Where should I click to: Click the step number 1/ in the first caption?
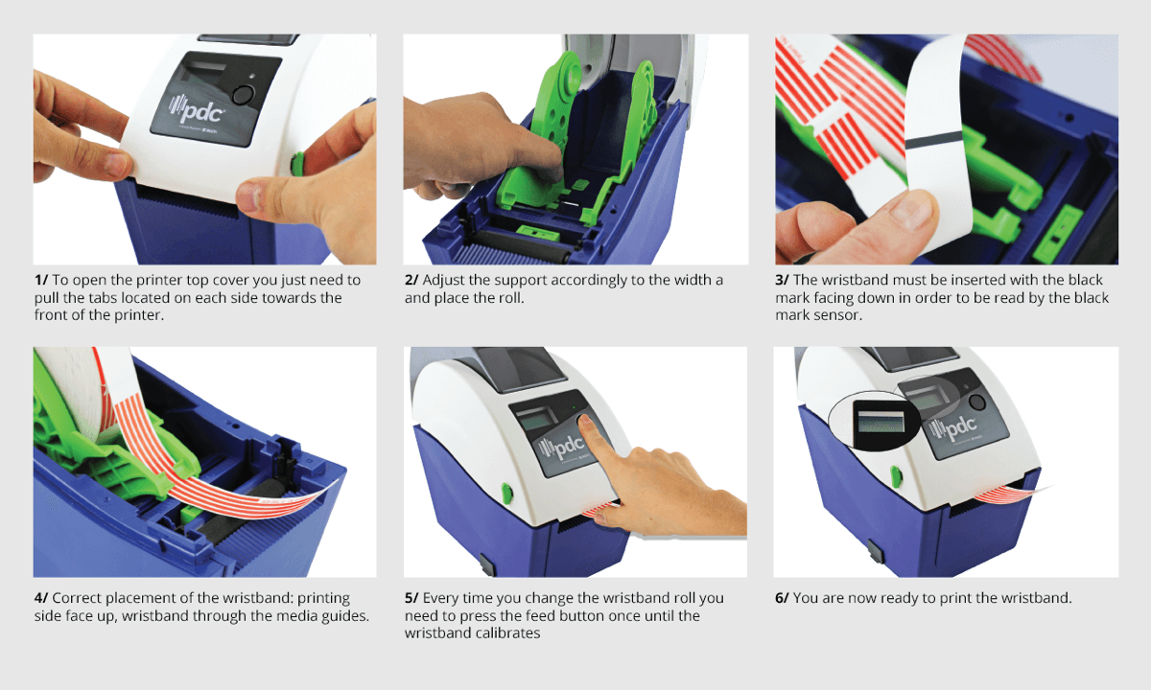coord(41,280)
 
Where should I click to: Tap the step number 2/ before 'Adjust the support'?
coord(411,280)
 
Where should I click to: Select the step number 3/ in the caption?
coord(782,280)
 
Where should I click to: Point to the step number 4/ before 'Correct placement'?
coord(41,598)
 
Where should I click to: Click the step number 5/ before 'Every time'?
coord(411,598)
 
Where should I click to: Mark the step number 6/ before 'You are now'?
coord(782,598)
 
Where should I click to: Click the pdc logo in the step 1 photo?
coord(198,110)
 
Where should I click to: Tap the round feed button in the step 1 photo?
coord(243,95)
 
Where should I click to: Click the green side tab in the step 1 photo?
coord(297,163)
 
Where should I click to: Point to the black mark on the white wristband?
coord(933,140)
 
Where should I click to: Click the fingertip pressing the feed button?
coord(585,422)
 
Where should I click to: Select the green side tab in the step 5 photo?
coord(506,494)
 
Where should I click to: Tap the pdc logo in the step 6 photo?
coord(953,427)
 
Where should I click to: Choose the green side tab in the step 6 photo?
coord(896,476)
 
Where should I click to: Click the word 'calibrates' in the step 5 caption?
coord(507,633)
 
